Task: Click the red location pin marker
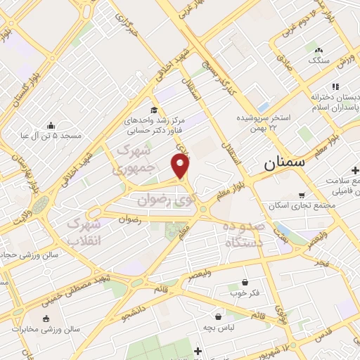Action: [181, 166]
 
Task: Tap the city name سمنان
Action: [285, 162]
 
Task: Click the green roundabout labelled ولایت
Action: [40, 205]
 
